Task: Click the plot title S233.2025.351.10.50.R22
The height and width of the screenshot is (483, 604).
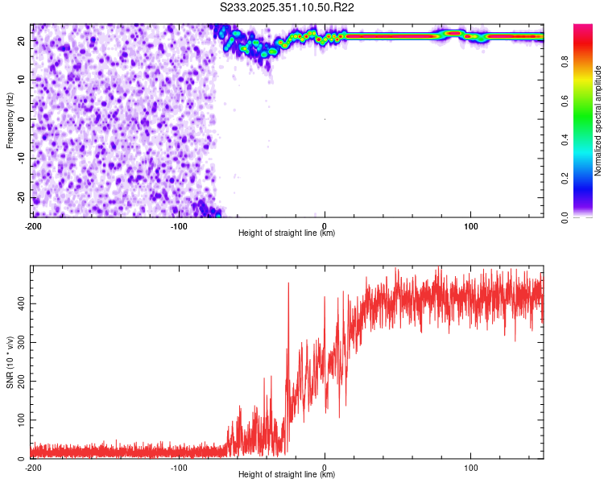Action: tap(288, 7)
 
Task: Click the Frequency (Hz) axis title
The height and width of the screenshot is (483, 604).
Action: tap(10, 120)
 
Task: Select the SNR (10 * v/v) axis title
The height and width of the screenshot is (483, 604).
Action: tap(10, 362)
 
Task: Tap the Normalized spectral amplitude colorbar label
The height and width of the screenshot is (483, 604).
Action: tap(598, 121)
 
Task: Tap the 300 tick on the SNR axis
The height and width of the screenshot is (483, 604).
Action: tap(21, 342)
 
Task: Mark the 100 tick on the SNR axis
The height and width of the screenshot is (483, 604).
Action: tap(21, 420)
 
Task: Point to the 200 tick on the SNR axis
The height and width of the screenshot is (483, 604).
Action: tap(21, 382)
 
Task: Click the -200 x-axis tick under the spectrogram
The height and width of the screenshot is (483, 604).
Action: tap(33, 226)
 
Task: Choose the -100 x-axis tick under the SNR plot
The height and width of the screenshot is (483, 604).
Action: tap(179, 468)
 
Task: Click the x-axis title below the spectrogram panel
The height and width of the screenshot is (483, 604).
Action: tap(287, 233)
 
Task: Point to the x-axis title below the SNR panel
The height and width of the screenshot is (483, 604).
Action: tap(287, 475)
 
